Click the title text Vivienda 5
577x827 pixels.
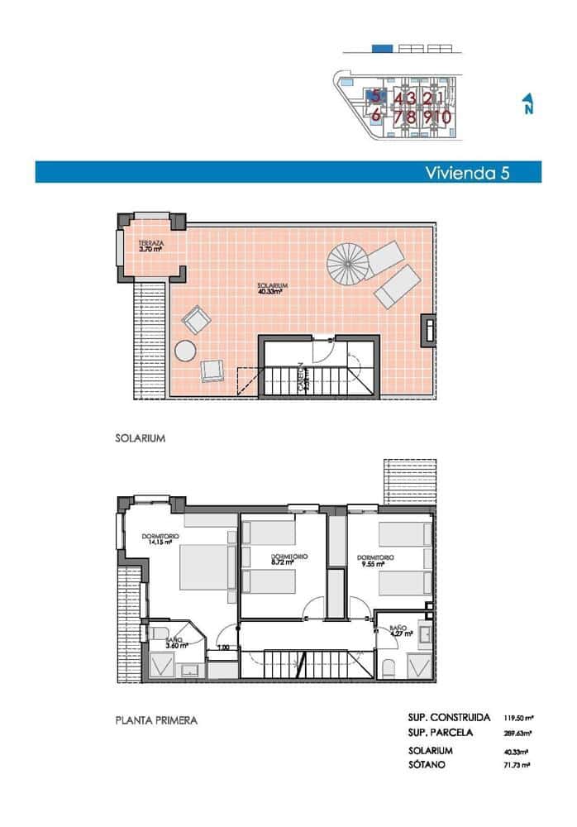(x=467, y=172)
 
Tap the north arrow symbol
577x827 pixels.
(x=527, y=104)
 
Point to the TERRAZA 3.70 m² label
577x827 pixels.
(x=151, y=246)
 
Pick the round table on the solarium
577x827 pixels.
(x=187, y=351)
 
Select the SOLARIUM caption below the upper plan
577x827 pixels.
(x=141, y=439)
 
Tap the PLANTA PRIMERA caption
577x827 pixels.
(x=156, y=720)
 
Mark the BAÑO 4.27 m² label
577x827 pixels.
(x=398, y=633)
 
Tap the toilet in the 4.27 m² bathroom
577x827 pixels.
(x=388, y=667)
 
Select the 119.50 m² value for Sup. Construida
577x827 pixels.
(x=517, y=718)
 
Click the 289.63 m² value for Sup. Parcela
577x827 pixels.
(x=517, y=733)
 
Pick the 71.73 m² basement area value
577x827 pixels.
(x=517, y=766)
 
